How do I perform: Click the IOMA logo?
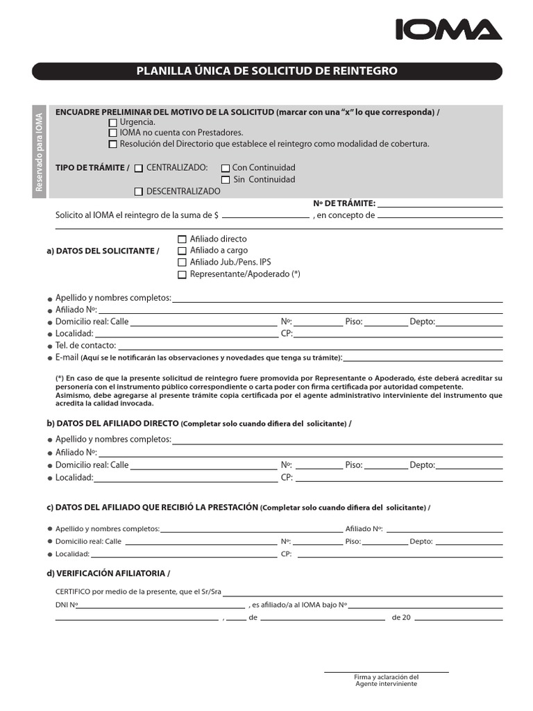tap(448, 29)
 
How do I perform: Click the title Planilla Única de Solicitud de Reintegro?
tap(266, 71)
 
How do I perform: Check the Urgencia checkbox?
tap(113, 122)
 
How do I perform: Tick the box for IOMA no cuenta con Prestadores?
tap(113, 133)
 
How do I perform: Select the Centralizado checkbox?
tap(139, 168)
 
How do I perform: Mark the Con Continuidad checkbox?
tap(226, 168)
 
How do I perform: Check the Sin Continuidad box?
tap(226, 180)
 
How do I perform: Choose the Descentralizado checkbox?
tap(139, 192)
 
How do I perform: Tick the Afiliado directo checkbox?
tap(183, 240)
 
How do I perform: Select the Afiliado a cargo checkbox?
tap(183, 251)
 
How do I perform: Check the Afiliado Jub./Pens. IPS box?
tap(183, 262)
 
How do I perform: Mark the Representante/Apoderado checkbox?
tap(183, 274)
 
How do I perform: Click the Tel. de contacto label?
tap(85, 345)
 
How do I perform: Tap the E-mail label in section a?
tap(67, 358)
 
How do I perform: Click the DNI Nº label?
tap(67, 605)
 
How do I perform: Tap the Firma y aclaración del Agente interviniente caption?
tap(386, 680)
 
